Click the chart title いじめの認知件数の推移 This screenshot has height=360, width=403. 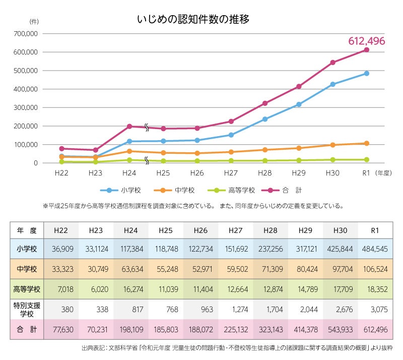(x=193, y=20)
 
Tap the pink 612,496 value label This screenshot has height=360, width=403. (x=366, y=41)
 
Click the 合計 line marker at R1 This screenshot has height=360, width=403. (x=367, y=49)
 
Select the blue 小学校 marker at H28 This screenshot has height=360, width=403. (x=265, y=119)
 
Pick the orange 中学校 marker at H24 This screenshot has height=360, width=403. (x=129, y=151)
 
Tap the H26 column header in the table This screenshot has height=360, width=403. (x=200, y=230)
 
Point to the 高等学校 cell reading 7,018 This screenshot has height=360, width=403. (x=61, y=290)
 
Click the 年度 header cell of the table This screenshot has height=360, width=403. (x=27, y=230)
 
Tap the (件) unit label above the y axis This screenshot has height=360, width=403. (x=34, y=21)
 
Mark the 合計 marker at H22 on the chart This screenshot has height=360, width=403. (x=61, y=149)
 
